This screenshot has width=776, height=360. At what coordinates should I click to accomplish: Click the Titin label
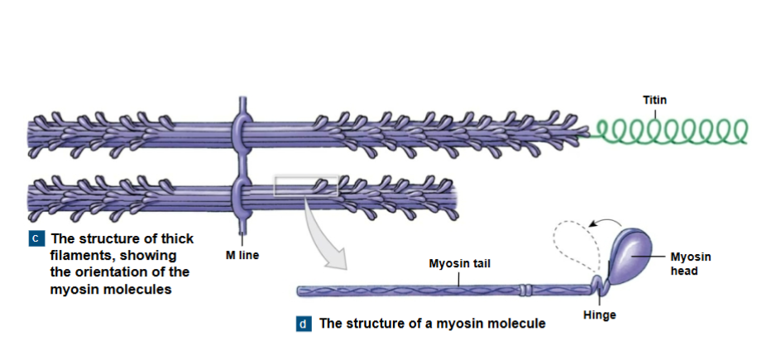[x=654, y=100]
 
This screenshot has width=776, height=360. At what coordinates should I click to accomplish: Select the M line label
[x=242, y=255]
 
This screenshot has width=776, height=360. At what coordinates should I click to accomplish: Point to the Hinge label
[x=600, y=315]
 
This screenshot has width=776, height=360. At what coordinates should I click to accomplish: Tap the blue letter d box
[x=304, y=324]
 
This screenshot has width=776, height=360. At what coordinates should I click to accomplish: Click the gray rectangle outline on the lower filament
[x=306, y=185]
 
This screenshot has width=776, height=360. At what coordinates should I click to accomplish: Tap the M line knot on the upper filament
[x=239, y=129]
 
